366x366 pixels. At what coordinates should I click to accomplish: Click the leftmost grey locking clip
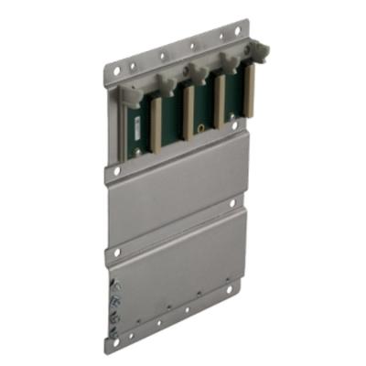132,94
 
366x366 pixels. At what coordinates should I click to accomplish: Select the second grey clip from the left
166,82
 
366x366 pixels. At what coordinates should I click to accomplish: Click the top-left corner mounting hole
113,68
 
